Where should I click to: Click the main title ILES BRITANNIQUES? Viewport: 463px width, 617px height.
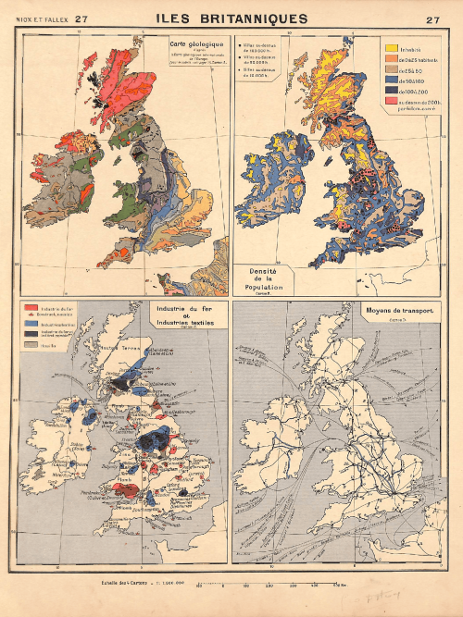(x=231, y=19)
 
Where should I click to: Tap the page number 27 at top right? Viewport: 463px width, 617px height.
(x=433, y=19)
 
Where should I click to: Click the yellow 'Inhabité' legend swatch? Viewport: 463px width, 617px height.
(x=391, y=47)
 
